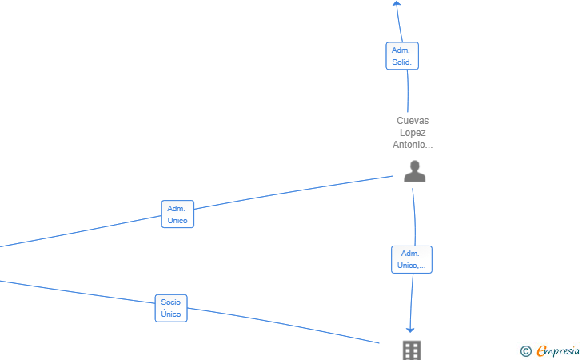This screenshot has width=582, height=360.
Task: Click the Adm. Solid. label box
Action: coord(402,56)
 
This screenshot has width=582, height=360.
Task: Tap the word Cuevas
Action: coord(413,121)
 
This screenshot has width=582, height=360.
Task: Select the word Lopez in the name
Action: coord(413,133)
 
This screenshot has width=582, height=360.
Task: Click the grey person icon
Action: coord(414,171)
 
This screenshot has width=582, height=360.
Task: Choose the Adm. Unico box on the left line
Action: coord(177,214)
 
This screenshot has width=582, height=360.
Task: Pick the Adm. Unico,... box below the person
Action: coord(412,259)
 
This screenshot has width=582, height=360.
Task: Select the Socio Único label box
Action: coord(171,308)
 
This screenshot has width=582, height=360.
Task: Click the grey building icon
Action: coord(411,350)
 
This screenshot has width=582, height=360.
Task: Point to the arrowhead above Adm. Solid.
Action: coord(397,4)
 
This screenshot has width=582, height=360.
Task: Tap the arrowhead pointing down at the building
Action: coord(411,329)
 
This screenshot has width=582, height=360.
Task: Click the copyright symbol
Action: coord(525,350)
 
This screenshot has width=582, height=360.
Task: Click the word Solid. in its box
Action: coord(402,62)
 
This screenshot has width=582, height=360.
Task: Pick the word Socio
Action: coord(171,302)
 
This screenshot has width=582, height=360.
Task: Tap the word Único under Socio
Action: coord(171,314)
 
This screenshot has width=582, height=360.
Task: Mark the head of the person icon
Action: coord(414,166)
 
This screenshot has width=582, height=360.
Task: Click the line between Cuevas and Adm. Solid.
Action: coord(408,92)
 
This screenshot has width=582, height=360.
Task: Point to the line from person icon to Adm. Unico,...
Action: coord(414,216)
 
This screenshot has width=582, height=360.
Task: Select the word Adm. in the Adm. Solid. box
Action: coord(401,50)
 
